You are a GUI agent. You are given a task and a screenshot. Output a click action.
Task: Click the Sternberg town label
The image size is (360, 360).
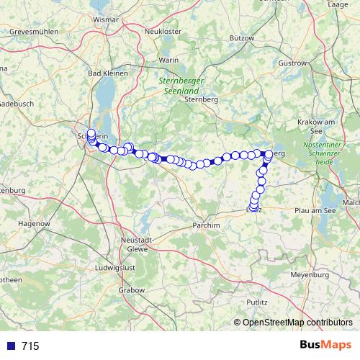coord(202,100)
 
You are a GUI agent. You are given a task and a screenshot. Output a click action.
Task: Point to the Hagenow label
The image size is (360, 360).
coord(31,225)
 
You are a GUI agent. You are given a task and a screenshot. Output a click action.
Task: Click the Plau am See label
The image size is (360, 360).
coord(311,210)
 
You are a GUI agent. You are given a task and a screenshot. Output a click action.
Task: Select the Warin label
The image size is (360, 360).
coord(168,60)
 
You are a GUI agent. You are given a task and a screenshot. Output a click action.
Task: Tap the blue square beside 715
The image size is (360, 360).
coord(11,346)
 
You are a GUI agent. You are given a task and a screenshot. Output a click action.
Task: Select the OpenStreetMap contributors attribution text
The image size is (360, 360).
coord(297,323)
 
